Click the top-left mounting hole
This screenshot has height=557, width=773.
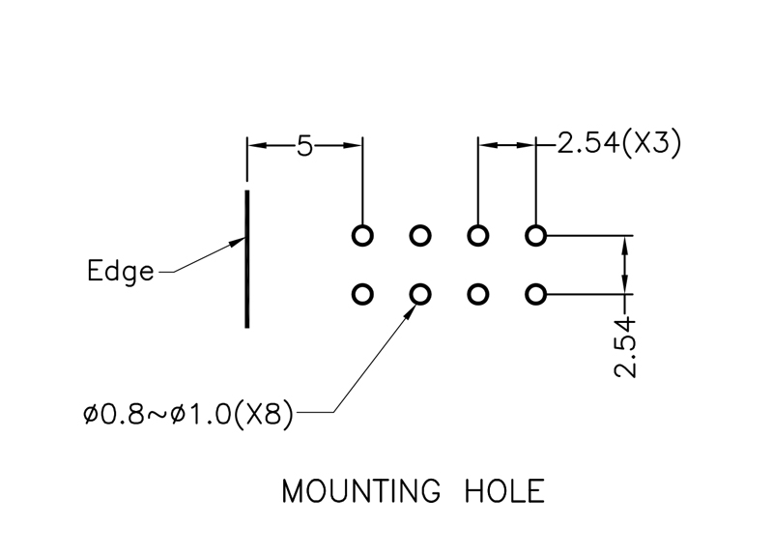point(362,235)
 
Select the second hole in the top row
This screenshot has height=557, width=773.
point(420,235)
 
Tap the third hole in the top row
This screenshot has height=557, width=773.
point(478,235)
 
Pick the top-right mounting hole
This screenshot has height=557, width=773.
point(536,235)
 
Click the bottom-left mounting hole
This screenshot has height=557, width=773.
point(362,293)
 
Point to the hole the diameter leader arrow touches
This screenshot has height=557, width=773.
point(420,293)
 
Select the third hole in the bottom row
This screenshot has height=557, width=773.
point(478,293)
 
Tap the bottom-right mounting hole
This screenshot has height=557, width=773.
point(536,293)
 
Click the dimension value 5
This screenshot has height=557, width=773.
point(305,146)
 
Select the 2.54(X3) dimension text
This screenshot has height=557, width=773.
point(618,144)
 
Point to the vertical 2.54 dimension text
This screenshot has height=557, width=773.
point(627,345)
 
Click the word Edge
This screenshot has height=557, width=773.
point(120,271)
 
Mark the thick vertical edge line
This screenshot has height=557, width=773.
point(247,258)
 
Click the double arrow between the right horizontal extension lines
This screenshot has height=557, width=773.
point(627,263)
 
